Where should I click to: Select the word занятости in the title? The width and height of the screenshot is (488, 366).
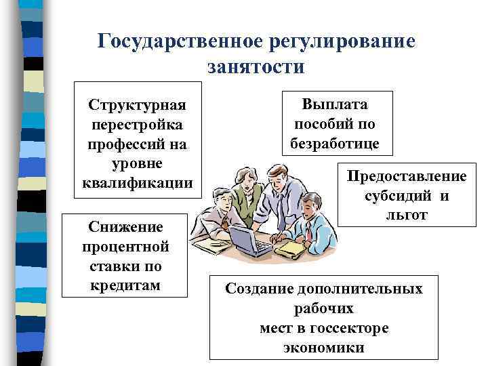click(x=255, y=67)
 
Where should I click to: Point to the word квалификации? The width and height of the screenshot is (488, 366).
click(x=138, y=183)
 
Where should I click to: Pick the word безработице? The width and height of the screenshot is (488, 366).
click(x=335, y=144)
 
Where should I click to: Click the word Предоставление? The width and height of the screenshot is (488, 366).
click(x=407, y=176)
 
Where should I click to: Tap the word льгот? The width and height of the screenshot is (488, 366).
click(x=407, y=215)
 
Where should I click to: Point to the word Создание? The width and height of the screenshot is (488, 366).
click(x=258, y=289)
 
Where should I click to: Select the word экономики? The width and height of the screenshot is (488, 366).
click(x=324, y=348)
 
